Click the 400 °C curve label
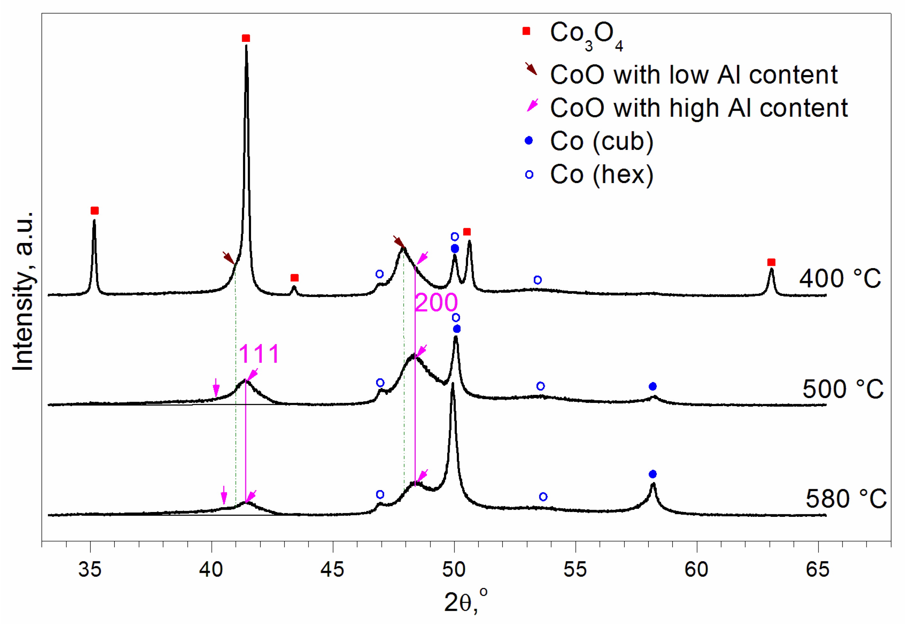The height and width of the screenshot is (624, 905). click(840, 278)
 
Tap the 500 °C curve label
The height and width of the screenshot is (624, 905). click(843, 389)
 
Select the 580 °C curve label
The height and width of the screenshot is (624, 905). click(846, 499)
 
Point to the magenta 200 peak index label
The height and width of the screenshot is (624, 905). click(436, 302)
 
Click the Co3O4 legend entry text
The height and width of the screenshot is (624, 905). click(586, 34)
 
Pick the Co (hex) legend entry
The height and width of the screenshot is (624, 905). click(602, 174)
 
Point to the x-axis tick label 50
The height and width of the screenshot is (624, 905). click(454, 570)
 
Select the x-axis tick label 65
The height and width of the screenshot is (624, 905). click(817, 570)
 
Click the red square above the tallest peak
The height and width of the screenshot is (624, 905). click(246, 38)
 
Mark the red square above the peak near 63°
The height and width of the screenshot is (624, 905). click(771, 262)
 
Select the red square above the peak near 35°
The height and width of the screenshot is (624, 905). click(95, 211)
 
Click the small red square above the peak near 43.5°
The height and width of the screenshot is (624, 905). click(294, 278)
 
